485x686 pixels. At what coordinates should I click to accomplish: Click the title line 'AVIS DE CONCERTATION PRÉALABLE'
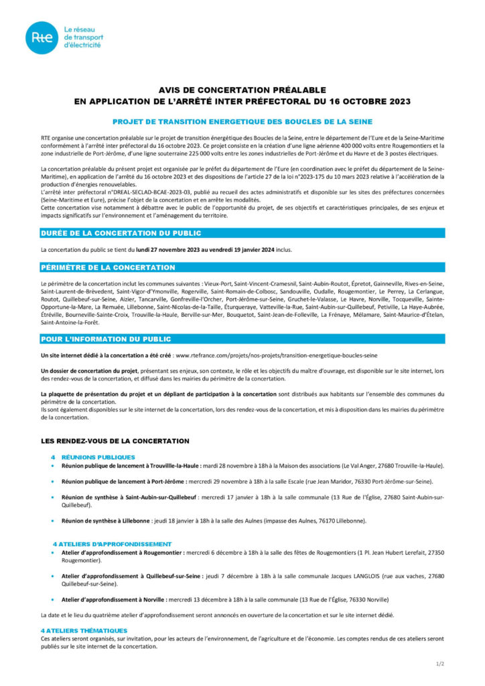pyautogui.click(x=242, y=90)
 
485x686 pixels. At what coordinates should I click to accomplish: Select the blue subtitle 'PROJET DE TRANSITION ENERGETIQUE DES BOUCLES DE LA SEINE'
pyautogui.click(x=242, y=121)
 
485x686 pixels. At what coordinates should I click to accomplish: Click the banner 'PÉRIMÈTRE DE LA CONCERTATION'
pyautogui.click(x=98, y=267)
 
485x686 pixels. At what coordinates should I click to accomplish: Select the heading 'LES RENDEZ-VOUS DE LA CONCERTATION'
pyautogui.click(x=115, y=441)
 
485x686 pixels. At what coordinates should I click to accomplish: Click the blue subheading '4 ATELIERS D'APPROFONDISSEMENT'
pyautogui.click(x=112, y=543)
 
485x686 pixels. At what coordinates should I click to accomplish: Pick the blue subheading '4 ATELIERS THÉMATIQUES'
pyautogui.click(x=83, y=630)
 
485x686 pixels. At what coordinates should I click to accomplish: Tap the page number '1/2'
pyautogui.click(x=440, y=663)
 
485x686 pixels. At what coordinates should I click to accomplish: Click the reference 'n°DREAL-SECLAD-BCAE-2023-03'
pyautogui.click(x=138, y=192)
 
